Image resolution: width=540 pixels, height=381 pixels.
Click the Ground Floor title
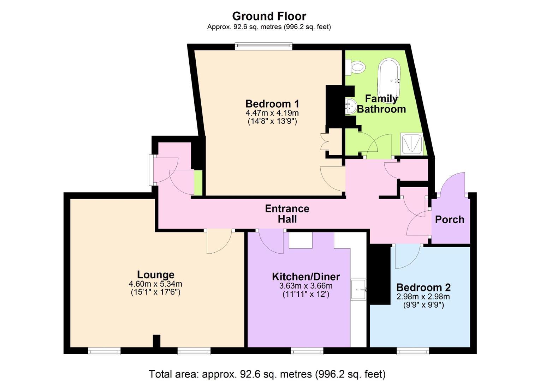pos(269,16)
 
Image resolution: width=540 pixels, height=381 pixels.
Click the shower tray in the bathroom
pos(412,144)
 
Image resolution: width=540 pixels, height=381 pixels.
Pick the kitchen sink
pos(358,289)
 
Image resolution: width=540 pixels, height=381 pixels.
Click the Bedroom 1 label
pos(272,104)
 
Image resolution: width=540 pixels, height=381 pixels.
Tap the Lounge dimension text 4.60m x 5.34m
pos(155,284)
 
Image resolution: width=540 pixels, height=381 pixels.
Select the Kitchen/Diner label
pos(306,277)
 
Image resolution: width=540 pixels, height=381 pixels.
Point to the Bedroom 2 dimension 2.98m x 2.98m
pos(423,296)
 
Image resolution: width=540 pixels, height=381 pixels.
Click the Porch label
pos(450,219)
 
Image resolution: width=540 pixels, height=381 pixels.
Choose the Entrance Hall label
pos(287,214)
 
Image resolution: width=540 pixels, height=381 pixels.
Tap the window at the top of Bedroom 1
pos(264,47)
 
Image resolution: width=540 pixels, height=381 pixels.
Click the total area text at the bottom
pos(267,374)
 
